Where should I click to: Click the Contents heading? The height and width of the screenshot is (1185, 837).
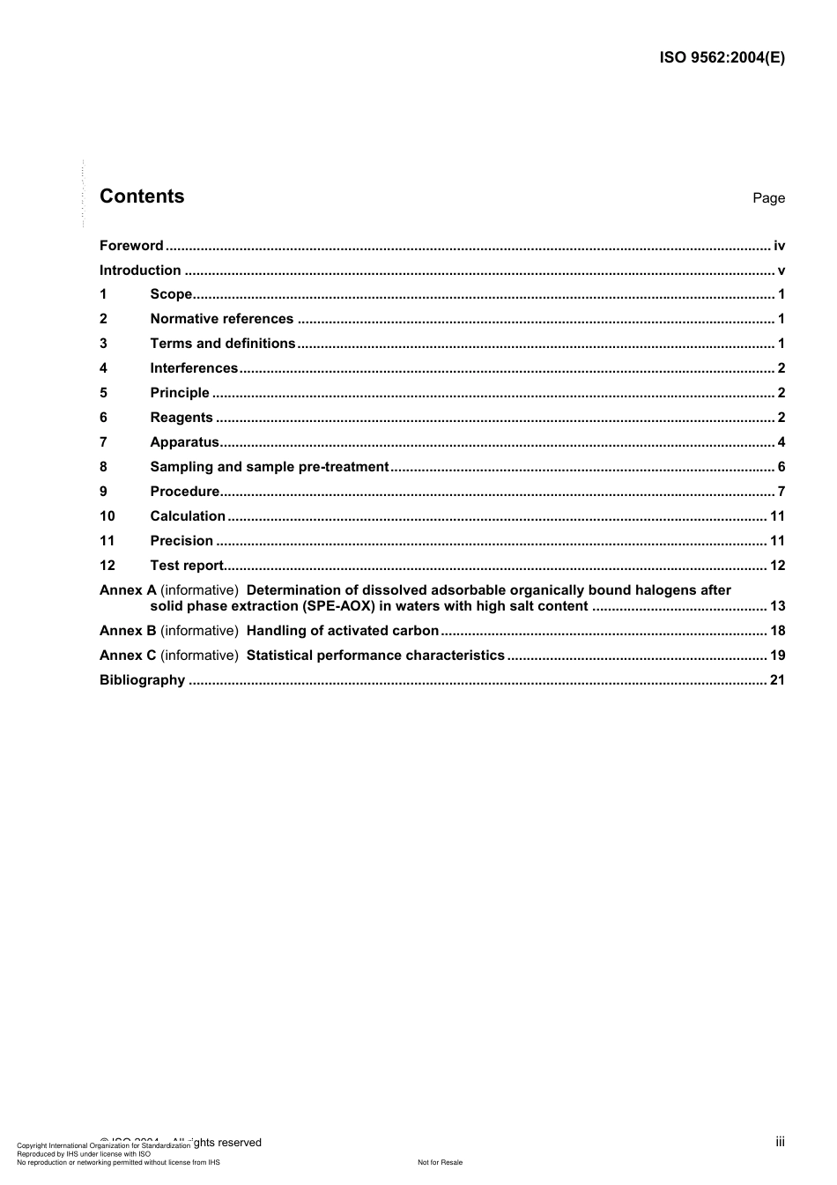[x=142, y=196]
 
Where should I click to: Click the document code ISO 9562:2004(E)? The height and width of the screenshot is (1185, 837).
[x=722, y=58]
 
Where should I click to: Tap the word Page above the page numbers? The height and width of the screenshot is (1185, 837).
[x=768, y=198]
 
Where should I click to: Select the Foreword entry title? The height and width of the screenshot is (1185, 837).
[x=131, y=246]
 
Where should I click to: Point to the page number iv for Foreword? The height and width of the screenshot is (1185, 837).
[x=779, y=246]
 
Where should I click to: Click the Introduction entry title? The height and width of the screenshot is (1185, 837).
[x=140, y=270]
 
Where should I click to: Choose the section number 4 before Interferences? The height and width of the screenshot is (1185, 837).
[x=103, y=368]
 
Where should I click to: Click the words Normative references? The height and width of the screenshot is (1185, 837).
[x=221, y=319]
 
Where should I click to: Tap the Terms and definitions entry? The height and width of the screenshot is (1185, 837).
[x=222, y=344]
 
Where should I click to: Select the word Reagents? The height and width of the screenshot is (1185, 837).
[x=181, y=418]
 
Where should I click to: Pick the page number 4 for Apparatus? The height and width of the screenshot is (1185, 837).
[x=781, y=442]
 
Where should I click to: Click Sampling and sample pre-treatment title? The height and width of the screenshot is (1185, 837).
[x=269, y=467]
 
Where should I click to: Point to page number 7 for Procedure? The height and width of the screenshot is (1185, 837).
[x=781, y=492]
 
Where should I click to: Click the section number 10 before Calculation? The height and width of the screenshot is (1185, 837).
[x=107, y=516]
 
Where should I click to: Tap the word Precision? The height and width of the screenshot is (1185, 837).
[x=181, y=541]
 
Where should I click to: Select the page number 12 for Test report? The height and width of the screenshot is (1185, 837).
[x=777, y=566]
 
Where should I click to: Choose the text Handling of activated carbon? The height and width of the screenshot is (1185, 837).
[x=343, y=631]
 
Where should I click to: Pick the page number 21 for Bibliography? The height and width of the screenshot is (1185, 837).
[x=777, y=680]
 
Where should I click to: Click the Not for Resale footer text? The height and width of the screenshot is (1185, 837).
[x=440, y=1162]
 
